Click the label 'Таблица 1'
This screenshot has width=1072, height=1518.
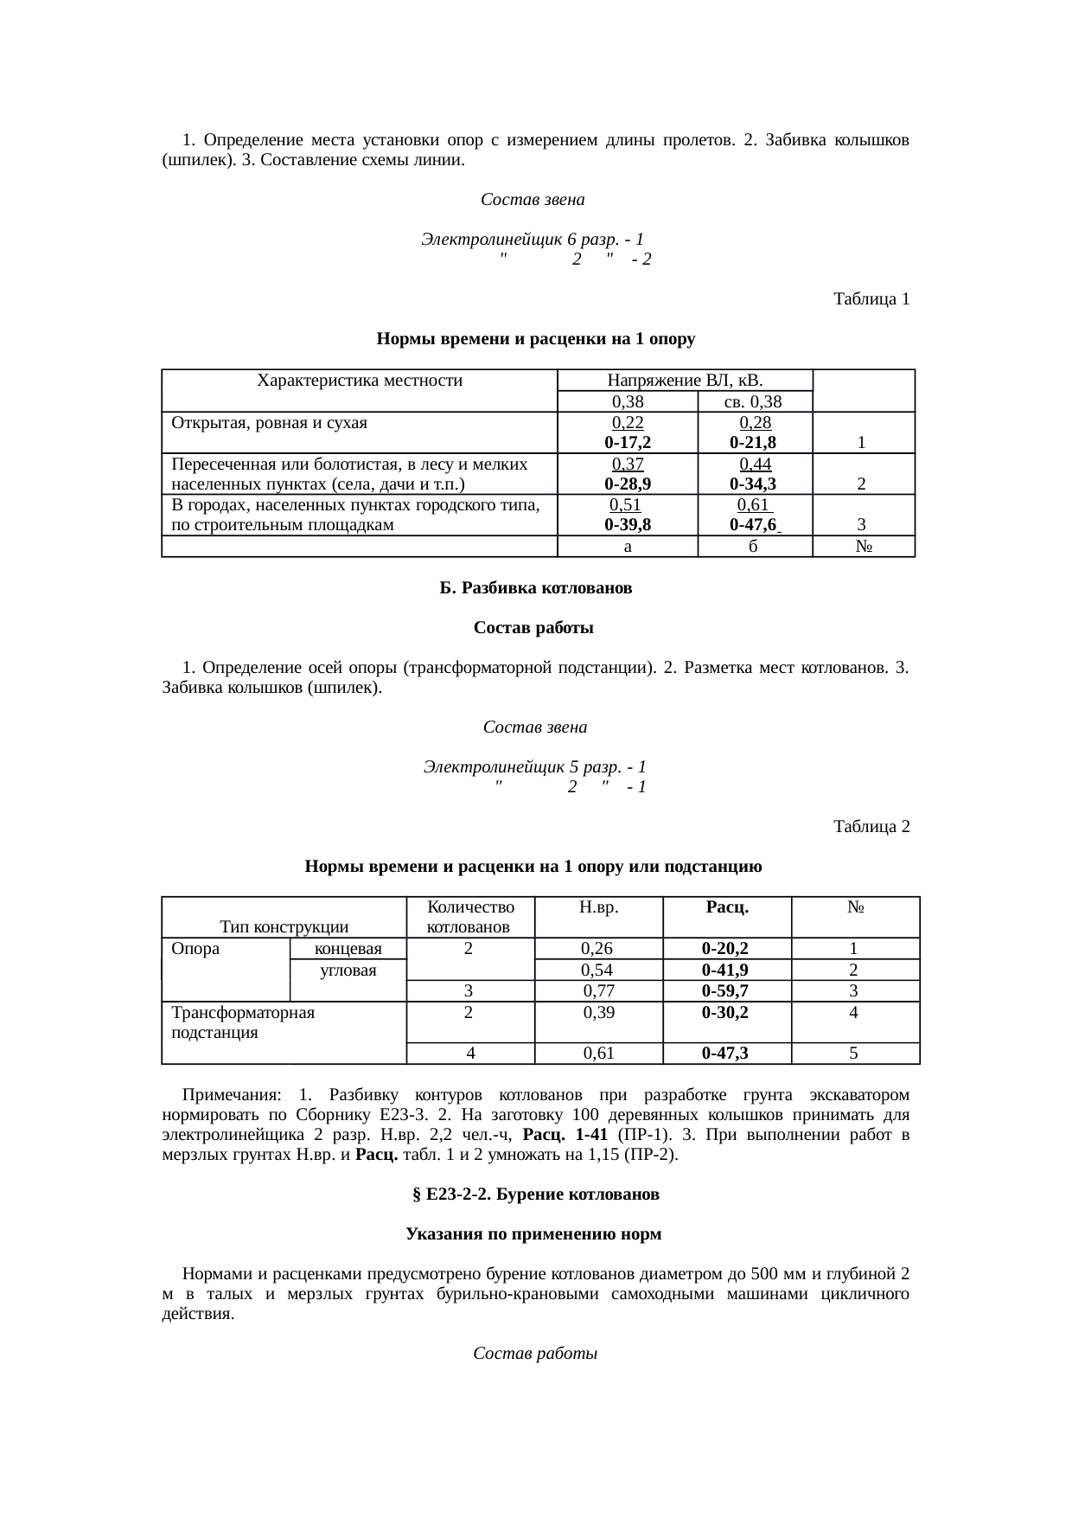click(871, 299)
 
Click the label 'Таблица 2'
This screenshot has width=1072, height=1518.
click(871, 826)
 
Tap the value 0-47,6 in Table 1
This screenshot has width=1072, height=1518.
click(753, 525)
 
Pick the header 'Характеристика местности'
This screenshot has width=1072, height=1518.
click(360, 380)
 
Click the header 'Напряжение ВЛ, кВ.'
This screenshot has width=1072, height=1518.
click(685, 380)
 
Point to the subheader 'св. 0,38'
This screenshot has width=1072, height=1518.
click(753, 401)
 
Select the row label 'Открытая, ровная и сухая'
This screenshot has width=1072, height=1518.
click(270, 422)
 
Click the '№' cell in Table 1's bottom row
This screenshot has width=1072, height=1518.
click(862, 547)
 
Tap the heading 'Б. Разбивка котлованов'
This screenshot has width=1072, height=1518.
click(535, 588)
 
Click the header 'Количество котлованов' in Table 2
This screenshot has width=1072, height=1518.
click(470, 917)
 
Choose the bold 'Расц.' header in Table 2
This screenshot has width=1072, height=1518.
click(726, 907)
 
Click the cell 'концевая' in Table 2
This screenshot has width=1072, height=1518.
click(348, 949)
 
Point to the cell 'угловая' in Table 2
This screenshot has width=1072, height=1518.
click(348, 970)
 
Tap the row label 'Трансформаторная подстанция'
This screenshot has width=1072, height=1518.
click(243, 1022)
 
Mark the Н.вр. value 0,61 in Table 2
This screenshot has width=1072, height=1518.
click(598, 1053)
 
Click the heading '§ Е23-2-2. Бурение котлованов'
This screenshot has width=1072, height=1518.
click(535, 1195)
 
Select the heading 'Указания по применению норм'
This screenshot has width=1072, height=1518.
click(533, 1234)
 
